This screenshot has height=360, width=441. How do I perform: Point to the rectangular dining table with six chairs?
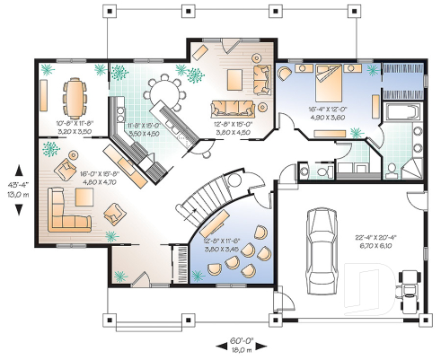click(x=75, y=93)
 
